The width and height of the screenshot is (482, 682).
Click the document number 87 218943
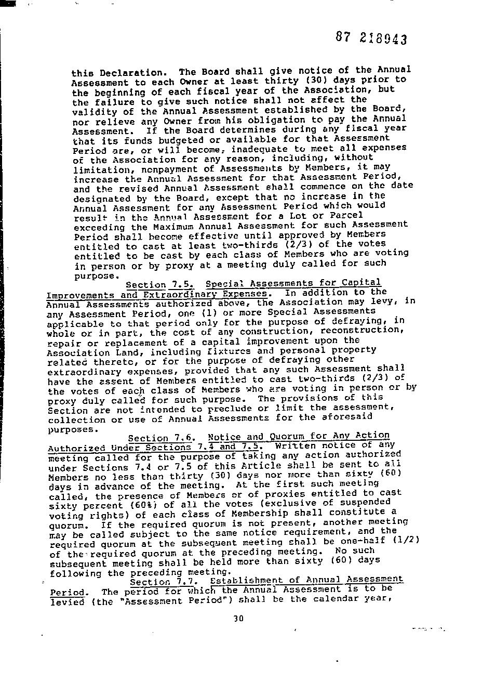point(371,38)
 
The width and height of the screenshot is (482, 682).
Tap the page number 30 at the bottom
point(238,619)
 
